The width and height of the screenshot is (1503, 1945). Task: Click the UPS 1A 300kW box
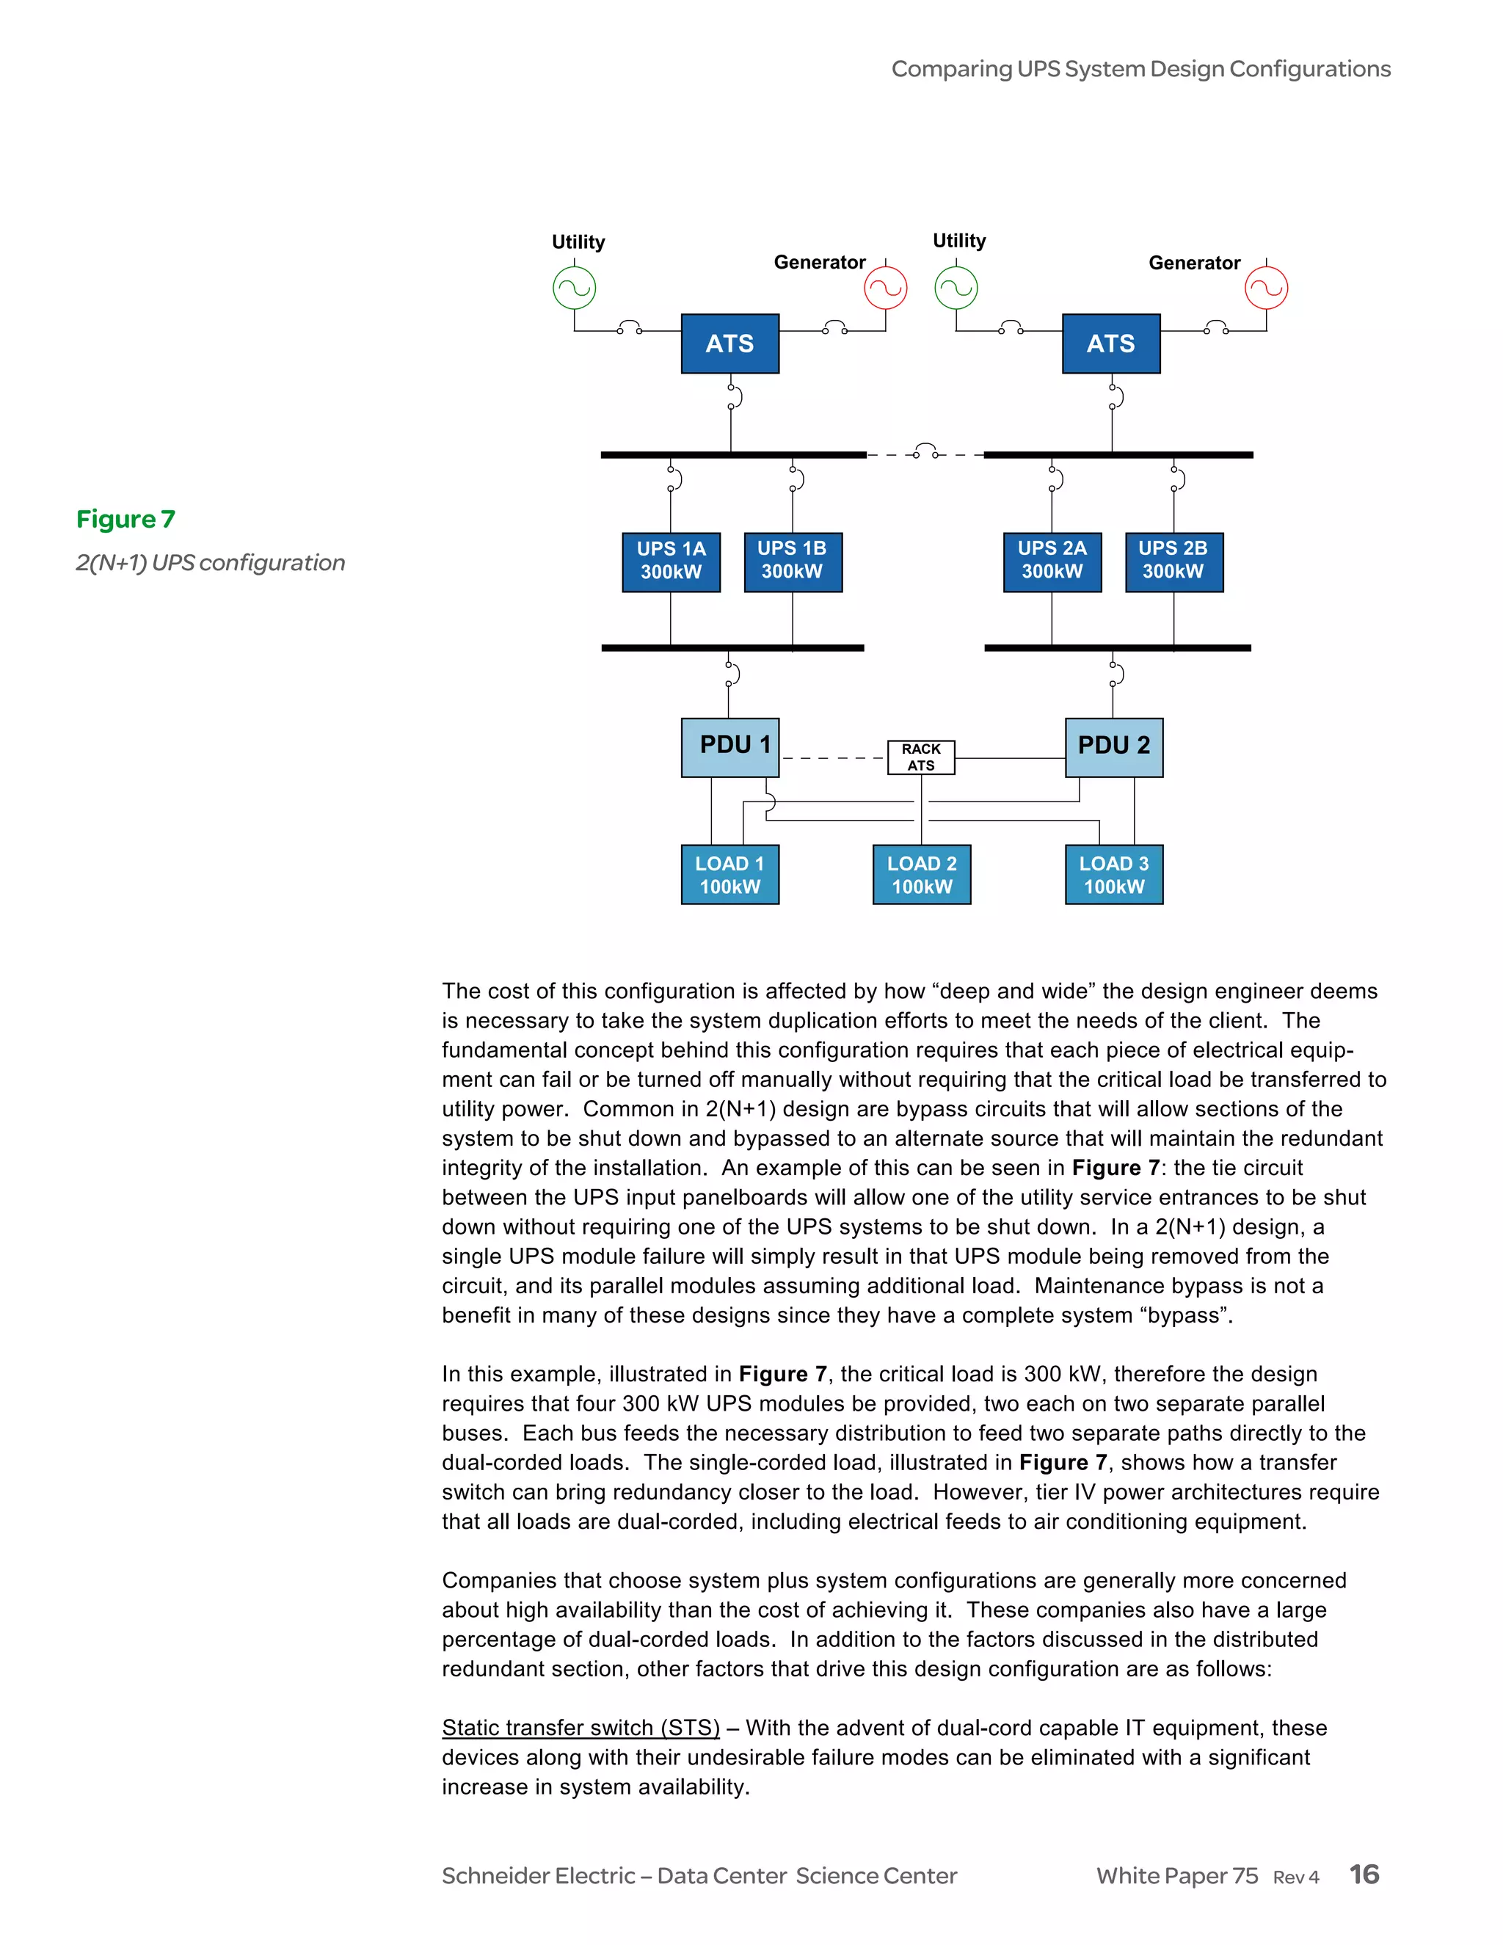[671, 562]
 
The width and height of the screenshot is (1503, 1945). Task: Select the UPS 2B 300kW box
[1173, 562]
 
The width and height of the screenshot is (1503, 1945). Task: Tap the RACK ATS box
[921, 757]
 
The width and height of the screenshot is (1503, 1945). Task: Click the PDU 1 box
[730, 746]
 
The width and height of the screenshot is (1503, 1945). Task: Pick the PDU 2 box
[1113, 746]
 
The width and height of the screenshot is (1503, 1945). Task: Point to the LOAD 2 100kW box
[922, 875]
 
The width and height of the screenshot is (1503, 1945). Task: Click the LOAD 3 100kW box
[1113, 875]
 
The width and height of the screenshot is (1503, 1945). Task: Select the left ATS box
[729, 343]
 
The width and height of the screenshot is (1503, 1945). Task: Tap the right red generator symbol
[1265, 288]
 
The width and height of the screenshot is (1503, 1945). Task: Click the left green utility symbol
[575, 288]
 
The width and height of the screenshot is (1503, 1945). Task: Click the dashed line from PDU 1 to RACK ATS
[832, 758]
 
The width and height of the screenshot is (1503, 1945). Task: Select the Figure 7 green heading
[125, 519]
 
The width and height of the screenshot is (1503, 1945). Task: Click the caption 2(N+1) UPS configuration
[210, 563]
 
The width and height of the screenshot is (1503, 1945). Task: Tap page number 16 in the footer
[1364, 1875]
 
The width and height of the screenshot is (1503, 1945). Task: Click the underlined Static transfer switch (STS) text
[581, 1728]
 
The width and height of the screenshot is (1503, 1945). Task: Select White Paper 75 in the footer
[1176, 1877]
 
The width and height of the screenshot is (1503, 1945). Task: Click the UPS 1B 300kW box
[792, 562]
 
